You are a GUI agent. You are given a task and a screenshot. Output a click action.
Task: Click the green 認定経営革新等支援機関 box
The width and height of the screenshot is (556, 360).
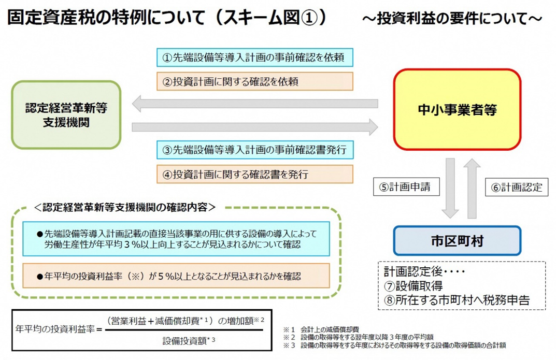66,114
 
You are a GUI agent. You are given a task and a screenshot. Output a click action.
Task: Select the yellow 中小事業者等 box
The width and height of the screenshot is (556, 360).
457,109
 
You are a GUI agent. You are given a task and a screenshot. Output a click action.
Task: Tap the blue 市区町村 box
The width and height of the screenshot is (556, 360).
457,240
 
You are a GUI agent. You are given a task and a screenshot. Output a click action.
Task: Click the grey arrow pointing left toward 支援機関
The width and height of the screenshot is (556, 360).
254,104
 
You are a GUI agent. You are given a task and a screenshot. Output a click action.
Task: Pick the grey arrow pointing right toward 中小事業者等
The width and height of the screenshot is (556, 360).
254,126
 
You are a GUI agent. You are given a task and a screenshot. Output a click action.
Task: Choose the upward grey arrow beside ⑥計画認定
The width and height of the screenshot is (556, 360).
473,188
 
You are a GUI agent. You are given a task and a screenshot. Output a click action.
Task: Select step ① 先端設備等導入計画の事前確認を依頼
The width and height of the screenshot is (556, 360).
254,57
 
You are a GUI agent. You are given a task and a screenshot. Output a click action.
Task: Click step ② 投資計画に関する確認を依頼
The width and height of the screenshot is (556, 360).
254,81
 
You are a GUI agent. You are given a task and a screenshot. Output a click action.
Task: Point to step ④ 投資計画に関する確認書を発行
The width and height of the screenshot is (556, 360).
254,174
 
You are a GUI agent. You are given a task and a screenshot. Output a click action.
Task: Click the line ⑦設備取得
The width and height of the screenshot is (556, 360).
413,285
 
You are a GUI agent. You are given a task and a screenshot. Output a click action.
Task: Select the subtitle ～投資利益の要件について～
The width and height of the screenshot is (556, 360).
452,19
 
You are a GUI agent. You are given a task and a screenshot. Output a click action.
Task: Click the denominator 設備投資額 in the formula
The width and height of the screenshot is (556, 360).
186,341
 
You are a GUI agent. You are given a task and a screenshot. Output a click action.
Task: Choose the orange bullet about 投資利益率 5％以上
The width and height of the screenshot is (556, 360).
176,276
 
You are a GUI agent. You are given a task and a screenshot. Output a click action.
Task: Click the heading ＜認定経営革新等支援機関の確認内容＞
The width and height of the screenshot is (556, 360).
124,207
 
